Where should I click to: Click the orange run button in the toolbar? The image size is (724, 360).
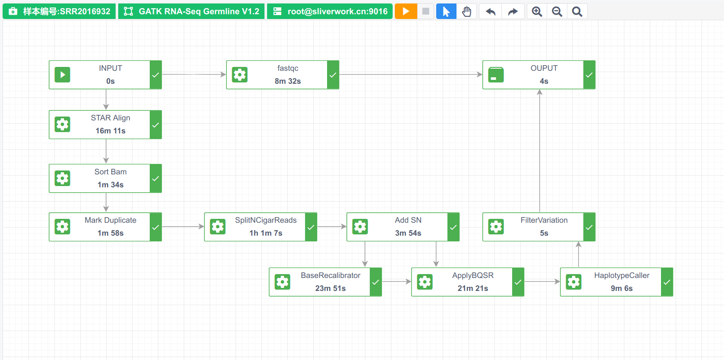pos(406,11)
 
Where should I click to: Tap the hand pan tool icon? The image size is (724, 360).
pos(466,11)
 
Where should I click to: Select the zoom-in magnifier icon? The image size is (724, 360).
pos(537,11)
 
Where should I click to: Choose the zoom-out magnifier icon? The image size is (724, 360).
pos(557,11)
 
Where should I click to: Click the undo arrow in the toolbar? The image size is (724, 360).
pos(491,11)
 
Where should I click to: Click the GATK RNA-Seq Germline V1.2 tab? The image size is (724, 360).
pos(191,11)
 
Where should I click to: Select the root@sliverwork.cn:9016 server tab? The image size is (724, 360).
pos(330,11)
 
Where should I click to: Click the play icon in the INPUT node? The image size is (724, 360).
pos(63,75)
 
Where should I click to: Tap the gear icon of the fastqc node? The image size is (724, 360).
pos(240,75)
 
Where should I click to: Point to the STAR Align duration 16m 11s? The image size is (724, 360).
pos(110,131)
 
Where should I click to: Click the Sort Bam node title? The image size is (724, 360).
pos(110,172)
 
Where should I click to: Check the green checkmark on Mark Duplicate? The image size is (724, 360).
pos(156,227)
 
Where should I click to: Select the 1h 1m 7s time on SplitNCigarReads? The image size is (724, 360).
pos(266,233)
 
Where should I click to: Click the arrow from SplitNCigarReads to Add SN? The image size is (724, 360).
pos(332,227)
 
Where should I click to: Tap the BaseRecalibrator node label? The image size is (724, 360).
pos(331,275)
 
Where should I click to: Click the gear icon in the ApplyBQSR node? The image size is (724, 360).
pos(425,282)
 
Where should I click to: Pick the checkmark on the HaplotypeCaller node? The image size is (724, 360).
pos(667,282)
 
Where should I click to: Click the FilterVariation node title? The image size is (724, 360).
pos(544,220)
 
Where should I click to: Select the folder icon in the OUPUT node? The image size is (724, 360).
pos(496,75)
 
